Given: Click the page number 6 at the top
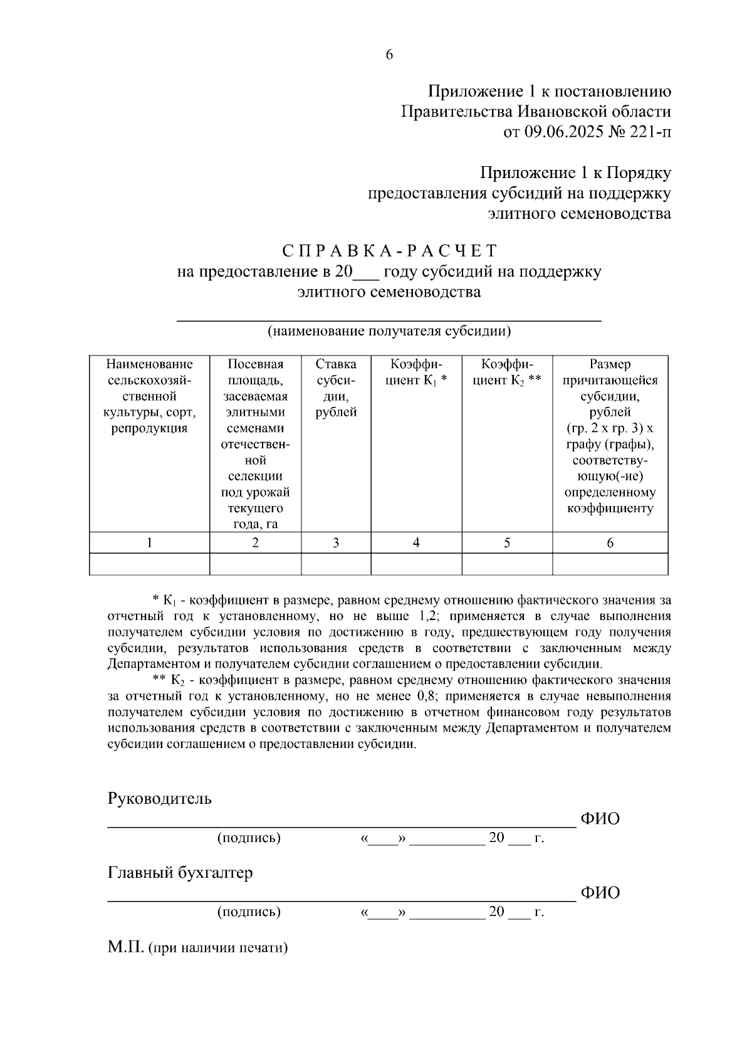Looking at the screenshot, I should click(389, 55).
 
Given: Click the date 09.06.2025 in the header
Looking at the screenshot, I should click(563, 132).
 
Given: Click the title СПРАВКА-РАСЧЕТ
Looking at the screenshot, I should click(389, 251).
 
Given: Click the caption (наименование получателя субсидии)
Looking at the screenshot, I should click(389, 331).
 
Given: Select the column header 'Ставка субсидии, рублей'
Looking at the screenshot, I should click(336, 388).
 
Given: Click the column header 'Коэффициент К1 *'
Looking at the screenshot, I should click(416, 372).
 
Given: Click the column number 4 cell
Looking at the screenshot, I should click(416, 543).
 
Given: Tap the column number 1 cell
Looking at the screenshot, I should click(149, 543).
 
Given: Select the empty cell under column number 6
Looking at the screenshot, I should click(610, 564).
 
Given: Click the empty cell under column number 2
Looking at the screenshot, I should click(255, 564).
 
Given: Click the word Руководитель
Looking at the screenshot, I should click(160, 799).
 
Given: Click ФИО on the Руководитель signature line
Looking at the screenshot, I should click(600, 819).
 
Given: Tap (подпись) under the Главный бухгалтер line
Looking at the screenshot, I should click(249, 912).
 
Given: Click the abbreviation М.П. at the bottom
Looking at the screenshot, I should click(126, 947).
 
